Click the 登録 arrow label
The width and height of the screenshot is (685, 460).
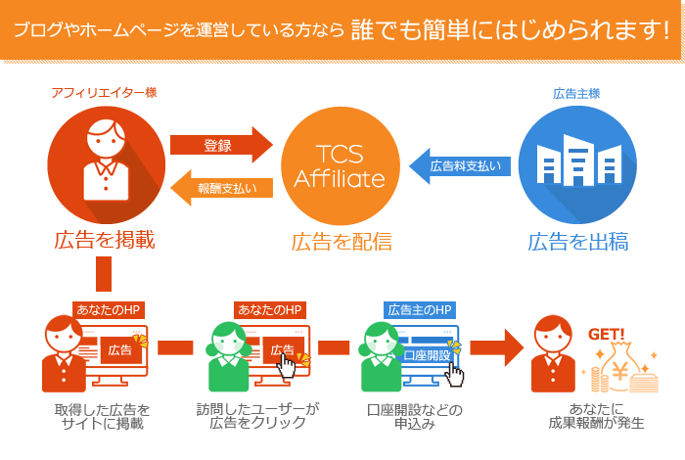(217, 146)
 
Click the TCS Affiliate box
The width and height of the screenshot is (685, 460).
(340, 166)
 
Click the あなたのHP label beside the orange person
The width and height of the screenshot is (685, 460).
(109, 310)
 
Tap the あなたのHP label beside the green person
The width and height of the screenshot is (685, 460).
(269, 310)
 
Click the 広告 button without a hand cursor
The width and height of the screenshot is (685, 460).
(119, 349)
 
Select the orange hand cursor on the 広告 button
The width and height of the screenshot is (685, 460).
(287, 365)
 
